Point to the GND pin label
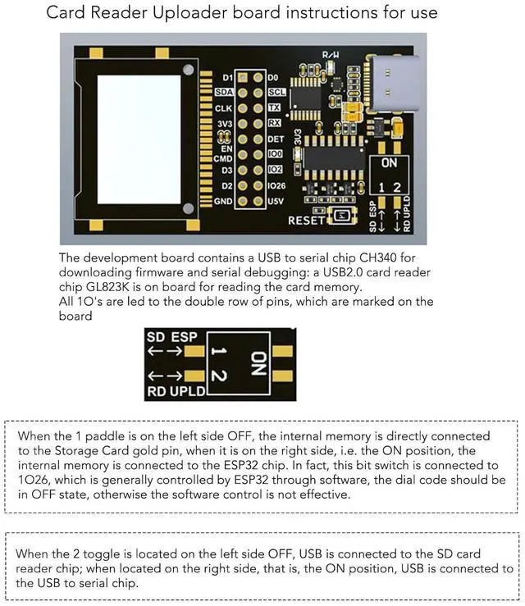pos(223,201)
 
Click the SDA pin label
pos(224,93)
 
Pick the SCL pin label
pos(276,93)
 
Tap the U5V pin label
pos(276,201)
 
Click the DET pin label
pos(276,139)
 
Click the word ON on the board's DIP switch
pos(390,163)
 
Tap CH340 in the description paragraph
pos(386,257)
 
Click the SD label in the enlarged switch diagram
pos(156,337)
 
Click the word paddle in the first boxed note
pos(89,436)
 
